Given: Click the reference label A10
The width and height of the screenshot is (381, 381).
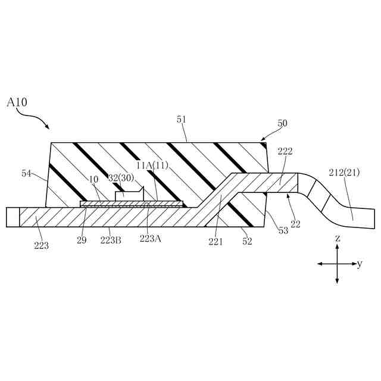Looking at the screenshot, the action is click(x=17, y=102).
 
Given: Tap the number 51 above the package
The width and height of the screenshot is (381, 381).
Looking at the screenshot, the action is click(x=182, y=120).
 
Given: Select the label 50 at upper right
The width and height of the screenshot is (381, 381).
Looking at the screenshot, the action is click(x=282, y=123).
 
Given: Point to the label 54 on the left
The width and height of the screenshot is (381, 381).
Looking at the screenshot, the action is click(x=27, y=173).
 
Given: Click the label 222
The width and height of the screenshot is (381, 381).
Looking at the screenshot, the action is click(x=285, y=152).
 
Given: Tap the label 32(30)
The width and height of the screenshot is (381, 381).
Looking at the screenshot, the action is click(x=121, y=178).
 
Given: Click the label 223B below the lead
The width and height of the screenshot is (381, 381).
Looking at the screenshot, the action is click(x=111, y=240).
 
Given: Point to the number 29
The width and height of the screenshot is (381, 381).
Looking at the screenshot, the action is click(x=82, y=240).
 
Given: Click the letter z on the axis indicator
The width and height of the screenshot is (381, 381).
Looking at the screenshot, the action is click(x=338, y=238).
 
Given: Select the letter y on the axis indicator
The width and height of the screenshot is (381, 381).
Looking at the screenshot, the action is click(x=360, y=264).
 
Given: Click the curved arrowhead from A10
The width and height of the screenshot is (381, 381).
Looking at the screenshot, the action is click(x=46, y=126).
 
